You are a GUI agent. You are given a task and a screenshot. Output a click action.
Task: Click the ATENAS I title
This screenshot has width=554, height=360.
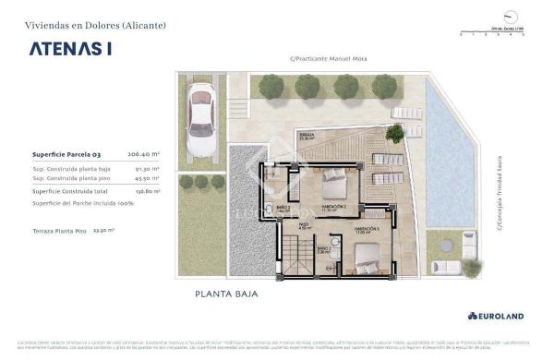70,49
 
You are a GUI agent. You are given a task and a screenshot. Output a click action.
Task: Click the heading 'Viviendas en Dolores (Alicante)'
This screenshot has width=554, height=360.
95,26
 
